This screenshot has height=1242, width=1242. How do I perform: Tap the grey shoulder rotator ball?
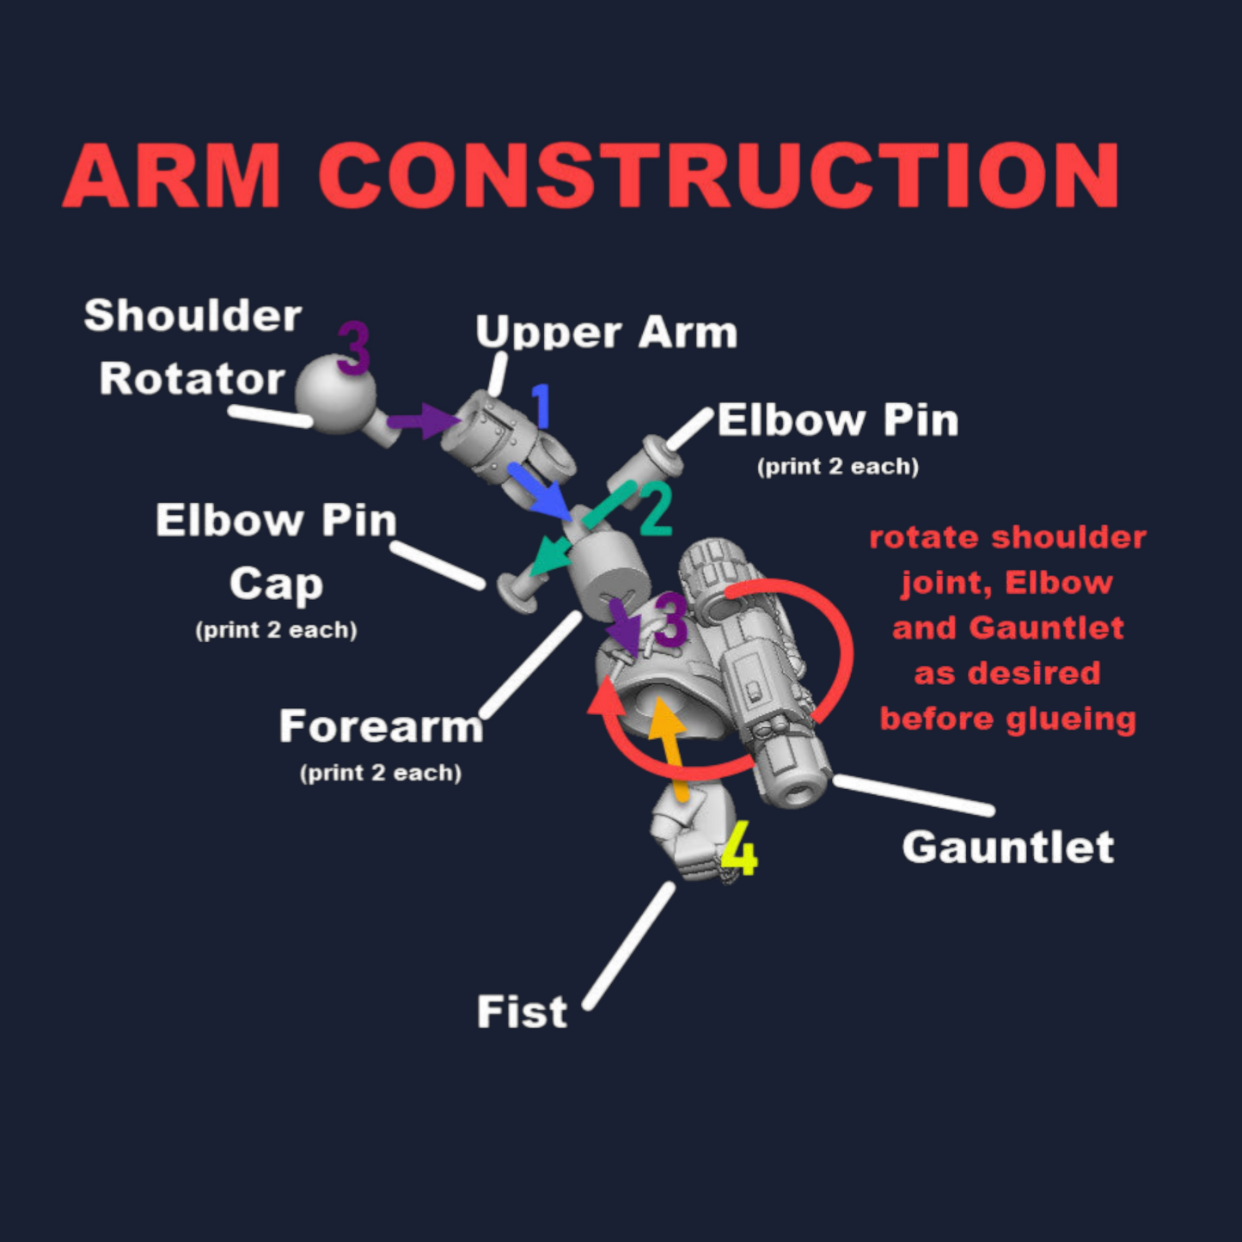(335, 395)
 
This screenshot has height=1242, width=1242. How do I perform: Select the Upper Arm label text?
(606, 332)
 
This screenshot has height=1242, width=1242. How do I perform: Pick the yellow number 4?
(739, 849)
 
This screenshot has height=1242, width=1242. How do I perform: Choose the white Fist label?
(522, 1012)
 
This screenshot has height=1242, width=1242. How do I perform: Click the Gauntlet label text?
(1007, 847)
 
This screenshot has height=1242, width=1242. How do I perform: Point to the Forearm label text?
(381, 727)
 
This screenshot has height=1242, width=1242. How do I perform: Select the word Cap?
(276, 584)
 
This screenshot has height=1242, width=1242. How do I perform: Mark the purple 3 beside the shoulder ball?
(353, 349)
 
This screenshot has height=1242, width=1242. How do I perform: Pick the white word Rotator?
(192, 378)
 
